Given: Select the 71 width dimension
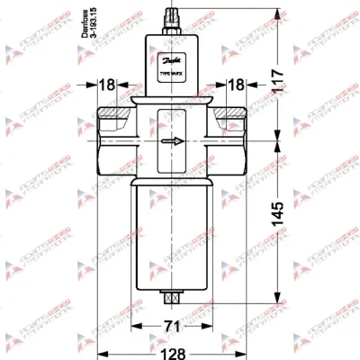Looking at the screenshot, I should [x=168, y=326].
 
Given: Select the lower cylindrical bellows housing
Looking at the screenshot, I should [x=170, y=234].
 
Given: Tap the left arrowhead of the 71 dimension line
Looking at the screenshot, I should [x=136, y=326].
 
